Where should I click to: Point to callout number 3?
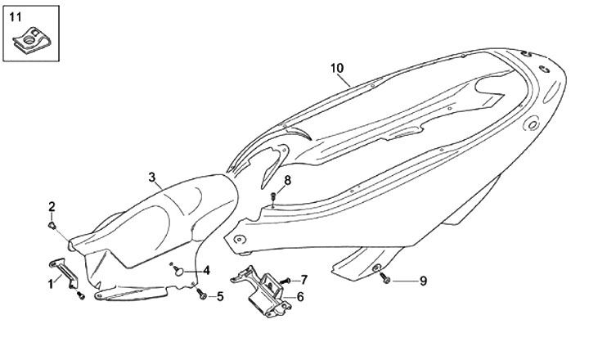coord(152,178)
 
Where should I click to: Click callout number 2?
coord(52,205)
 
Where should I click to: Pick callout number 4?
coord(206,270)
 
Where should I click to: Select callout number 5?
coord(220,296)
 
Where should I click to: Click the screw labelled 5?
coord(201,294)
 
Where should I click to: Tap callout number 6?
coord(300,296)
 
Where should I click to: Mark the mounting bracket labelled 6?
coord(263,290)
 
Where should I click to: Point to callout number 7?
coord(303,279)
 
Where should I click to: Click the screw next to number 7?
coord(285,281)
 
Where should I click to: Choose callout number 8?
coord(287,180)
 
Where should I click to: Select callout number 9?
coord(423,281)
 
